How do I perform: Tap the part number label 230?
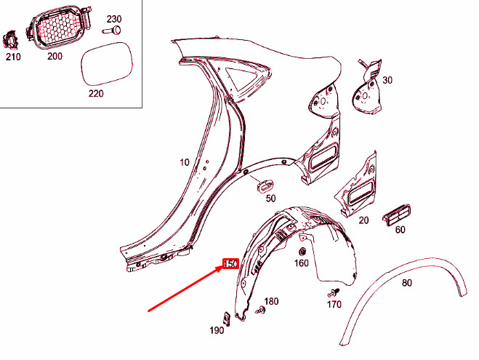pos(116,18)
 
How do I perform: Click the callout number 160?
pos(301,264)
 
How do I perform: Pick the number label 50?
pos(270,198)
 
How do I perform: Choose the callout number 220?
pos(96,93)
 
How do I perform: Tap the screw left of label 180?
pos(262,311)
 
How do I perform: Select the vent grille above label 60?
pos(396,215)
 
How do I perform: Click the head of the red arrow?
pos(223,268)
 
